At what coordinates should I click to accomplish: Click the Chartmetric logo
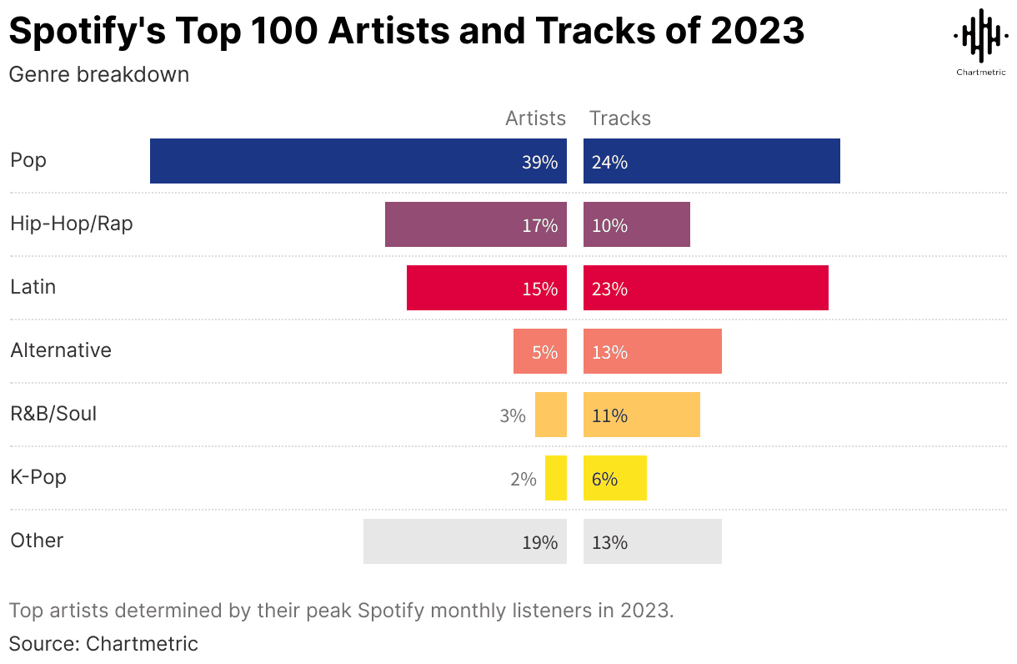pyautogui.click(x=979, y=42)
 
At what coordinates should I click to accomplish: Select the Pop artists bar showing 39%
pyautogui.click(x=358, y=161)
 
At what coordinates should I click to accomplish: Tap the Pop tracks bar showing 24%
pyautogui.click(x=711, y=161)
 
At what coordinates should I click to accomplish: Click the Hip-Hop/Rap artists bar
pyautogui.click(x=475, y=224)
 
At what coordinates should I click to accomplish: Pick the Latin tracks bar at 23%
pyautogui.click(x=705, y=288)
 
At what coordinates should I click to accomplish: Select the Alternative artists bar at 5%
pyautogui.click(x=539, y=351)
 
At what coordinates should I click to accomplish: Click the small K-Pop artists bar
pyautogui.click(x=556, y=478)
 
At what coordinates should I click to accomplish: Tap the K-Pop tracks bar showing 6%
pyautogui.click(x=614, y=478)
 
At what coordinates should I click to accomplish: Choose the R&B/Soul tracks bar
pyautogui.click(x=641, y=415)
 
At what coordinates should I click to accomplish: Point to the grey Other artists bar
pyautogui.click(x=464, y=541)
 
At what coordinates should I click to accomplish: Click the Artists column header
pyautogui.click(x=535, y=118)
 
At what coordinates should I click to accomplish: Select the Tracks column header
pyautogui.click(x=620, y=118)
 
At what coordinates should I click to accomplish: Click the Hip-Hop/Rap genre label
pyautogui.click(x=72, y=224)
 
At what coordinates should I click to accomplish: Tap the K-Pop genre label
pyautogui.click(x=38, y=477)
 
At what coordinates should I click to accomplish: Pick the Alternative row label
pyautogui.click(x=61, y=350)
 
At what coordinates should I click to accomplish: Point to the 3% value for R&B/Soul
pyautogui.click(x=513, y=415)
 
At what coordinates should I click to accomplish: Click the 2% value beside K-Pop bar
pyautogui.click(x=523, y=479)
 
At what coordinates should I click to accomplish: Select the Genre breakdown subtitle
pyautogui.click(x=99, y=74)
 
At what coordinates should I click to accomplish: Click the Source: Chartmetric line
pyautogui.click(x=103, y=644)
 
